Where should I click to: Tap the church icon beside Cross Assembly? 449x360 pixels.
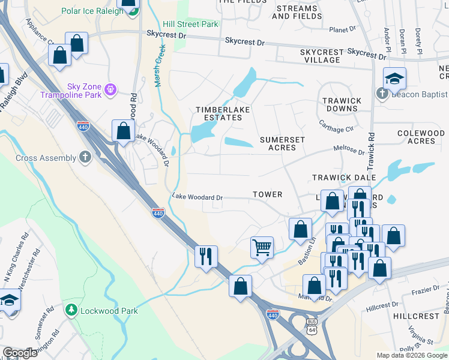point(85,158)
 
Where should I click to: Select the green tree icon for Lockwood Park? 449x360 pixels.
point(71,310)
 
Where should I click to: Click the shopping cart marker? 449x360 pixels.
point(262,247)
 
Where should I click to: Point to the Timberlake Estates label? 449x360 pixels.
point(220,113)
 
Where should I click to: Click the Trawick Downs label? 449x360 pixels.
point(342,105)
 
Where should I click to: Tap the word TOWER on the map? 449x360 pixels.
point(267,194)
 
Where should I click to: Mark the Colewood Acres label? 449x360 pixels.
point(424,137)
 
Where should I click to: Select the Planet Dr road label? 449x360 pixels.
point(343,29)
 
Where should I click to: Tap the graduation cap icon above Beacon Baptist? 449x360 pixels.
point(394,79)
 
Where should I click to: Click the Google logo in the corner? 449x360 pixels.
point(19,353)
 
